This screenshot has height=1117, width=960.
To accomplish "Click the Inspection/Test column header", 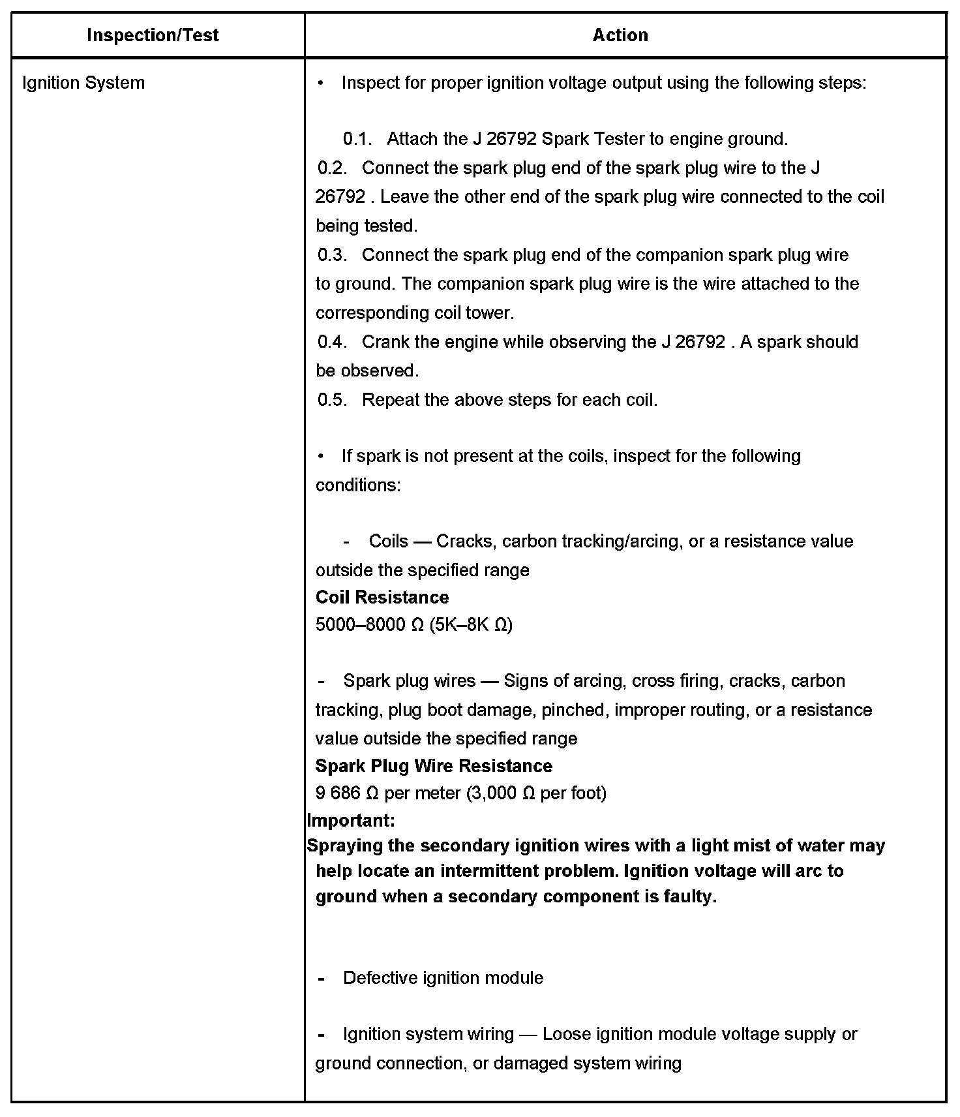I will click(153, 35).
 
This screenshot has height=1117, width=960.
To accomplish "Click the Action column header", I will click(620, 35).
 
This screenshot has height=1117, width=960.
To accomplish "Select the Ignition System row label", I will click(83, 83).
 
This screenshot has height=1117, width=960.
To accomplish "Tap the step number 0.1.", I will click(357, 139).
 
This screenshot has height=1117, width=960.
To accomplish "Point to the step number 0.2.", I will click(332, 168).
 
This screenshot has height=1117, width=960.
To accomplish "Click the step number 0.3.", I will click(332, 255).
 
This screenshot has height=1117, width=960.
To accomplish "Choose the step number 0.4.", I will click(332, 342).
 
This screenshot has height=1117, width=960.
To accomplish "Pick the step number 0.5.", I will click(332, 400).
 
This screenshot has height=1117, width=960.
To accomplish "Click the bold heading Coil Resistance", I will click(382, 598).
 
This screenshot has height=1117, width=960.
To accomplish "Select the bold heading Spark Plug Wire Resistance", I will click(434, 766).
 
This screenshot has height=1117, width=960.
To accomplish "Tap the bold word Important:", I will click(351, 820).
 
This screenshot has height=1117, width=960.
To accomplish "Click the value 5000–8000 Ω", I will click(370, 625).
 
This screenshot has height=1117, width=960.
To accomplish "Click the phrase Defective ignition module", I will click(443, 978).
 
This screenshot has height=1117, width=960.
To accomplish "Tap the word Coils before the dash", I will click(389, 542).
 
